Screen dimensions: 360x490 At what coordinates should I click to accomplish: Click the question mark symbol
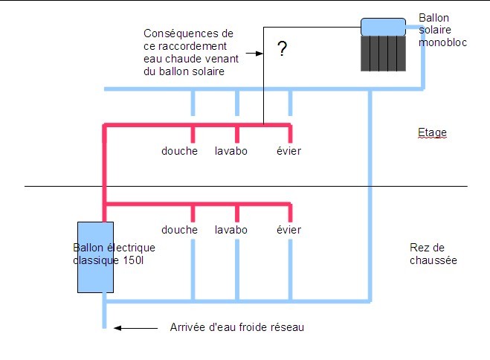[282, 50]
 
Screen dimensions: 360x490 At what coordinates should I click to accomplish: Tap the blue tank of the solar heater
[382, 27]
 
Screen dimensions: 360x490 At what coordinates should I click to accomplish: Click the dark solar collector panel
[384, 54]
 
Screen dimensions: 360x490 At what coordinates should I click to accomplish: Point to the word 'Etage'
[432, 133]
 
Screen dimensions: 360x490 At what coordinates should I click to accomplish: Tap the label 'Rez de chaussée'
[433, 254]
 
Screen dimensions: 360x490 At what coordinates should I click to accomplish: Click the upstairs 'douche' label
[180, 151]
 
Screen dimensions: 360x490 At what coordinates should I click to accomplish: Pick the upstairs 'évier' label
[288, 151]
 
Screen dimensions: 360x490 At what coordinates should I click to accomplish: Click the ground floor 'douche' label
[180, 230]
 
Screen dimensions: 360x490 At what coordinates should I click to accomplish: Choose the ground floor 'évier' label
[288, 230]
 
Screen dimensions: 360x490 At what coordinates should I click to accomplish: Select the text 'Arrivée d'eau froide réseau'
[237, 327]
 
